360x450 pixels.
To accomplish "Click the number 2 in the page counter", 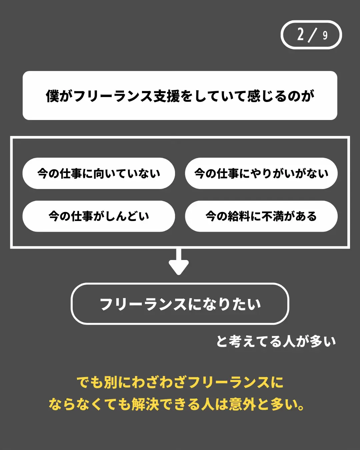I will coord(301,34).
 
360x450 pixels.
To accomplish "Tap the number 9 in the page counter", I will coord(325,35).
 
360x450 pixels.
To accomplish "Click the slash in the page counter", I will coord(312,35).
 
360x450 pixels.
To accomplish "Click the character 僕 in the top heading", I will coord(53,96).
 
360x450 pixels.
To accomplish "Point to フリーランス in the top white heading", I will coord(113,96).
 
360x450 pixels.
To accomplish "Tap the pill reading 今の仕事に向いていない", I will coord(99,173).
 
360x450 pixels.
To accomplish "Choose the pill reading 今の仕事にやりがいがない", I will coord(261,173).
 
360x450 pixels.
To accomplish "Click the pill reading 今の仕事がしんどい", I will coord(99,216).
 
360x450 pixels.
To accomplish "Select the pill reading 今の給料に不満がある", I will coord(261,216).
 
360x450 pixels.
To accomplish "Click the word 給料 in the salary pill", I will coord(239,216).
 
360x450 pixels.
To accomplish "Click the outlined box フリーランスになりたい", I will coord(180,304).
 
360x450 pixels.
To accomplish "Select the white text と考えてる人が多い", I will coord(276,341).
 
